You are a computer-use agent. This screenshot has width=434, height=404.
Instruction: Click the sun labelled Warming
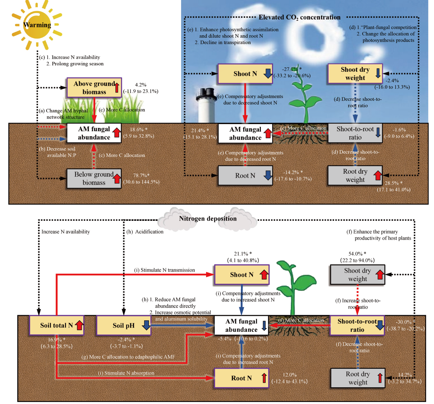click(x=37, y=25)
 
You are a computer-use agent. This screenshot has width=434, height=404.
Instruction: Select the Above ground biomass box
click(x=94, y=87)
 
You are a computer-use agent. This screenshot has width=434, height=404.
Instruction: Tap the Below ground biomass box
click(x=94, y=178)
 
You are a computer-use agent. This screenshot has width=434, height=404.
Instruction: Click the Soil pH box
click(x=124, y=325)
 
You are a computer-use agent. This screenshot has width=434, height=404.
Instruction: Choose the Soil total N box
click(x=57, y=325)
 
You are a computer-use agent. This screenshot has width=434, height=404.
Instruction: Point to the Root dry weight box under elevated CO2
click(x=355, y=176)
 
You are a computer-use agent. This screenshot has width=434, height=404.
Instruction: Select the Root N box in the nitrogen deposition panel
click(x=241, y=378)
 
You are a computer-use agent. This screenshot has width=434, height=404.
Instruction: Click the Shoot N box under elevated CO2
click(x=245, y=74)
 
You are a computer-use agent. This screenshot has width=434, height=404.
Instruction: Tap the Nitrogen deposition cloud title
click(x=208, y=219)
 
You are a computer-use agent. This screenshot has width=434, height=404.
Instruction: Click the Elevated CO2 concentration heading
click(x=299, y=17)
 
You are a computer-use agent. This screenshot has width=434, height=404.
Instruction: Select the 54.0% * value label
click(x=357, y=254)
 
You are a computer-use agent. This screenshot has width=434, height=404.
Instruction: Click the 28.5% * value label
click(x=394, y=183)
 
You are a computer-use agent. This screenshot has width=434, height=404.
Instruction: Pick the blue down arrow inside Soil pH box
click(x=146, y=325)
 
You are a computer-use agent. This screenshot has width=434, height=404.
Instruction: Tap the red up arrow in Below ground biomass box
click(x=117, y=178)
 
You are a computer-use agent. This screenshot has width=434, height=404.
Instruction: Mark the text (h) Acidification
click(x=145, y=232)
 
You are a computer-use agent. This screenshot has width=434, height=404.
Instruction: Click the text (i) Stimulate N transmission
click(x=164, y=270)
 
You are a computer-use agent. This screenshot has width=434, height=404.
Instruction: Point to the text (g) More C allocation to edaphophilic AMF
click(x=128, y=357)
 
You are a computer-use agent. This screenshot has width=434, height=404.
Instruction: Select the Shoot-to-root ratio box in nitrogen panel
click(x=357, y=325)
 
